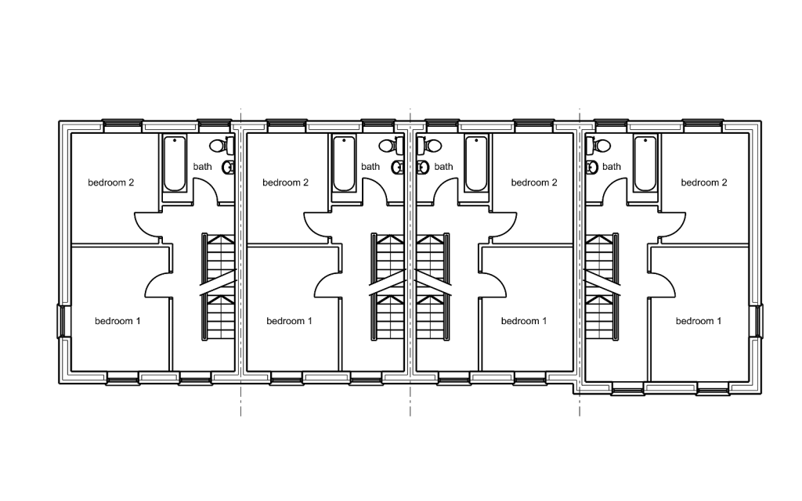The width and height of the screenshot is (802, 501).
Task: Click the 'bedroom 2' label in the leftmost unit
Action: [x=110, y=183]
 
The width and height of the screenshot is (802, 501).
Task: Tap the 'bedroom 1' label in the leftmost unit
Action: [x=117, y=321]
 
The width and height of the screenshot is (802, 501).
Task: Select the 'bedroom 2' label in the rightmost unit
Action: [x=704, y=183]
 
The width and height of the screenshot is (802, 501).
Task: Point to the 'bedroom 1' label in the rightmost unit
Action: [x=699, y=321]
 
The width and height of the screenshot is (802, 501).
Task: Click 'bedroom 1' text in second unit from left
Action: [x=289, y=321]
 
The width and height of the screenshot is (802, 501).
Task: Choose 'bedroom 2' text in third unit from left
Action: [x=534, y=183]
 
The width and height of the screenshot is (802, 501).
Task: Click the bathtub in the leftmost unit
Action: [x=175, y=164]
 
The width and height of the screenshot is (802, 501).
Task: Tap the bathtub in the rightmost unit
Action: [x=645, y=164]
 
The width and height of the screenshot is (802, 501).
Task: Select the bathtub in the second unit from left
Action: [x=344, y=164]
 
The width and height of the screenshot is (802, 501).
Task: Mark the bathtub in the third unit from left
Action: [x=476, y=164]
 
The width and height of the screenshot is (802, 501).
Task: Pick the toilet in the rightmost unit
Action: [x=600, y=146]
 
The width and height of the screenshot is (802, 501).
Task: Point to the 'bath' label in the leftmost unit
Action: [x=203, y=167]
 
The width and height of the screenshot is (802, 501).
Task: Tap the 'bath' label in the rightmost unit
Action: [x=612, y=167]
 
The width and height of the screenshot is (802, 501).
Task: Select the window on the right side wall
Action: [x=758, y=321]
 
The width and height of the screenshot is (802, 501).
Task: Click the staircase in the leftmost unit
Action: [x=219, y=286]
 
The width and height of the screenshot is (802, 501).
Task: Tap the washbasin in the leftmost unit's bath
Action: [x=229, y=167]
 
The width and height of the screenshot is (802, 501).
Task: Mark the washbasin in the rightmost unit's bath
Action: [x=591, y=167]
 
